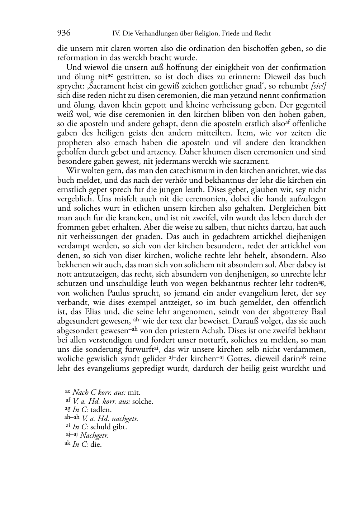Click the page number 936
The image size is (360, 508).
[x=64, y=33]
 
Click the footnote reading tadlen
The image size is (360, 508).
[x=101, y=410]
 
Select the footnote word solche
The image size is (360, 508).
[x=143, y=401]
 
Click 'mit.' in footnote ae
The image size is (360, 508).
[x=134, y=393]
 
